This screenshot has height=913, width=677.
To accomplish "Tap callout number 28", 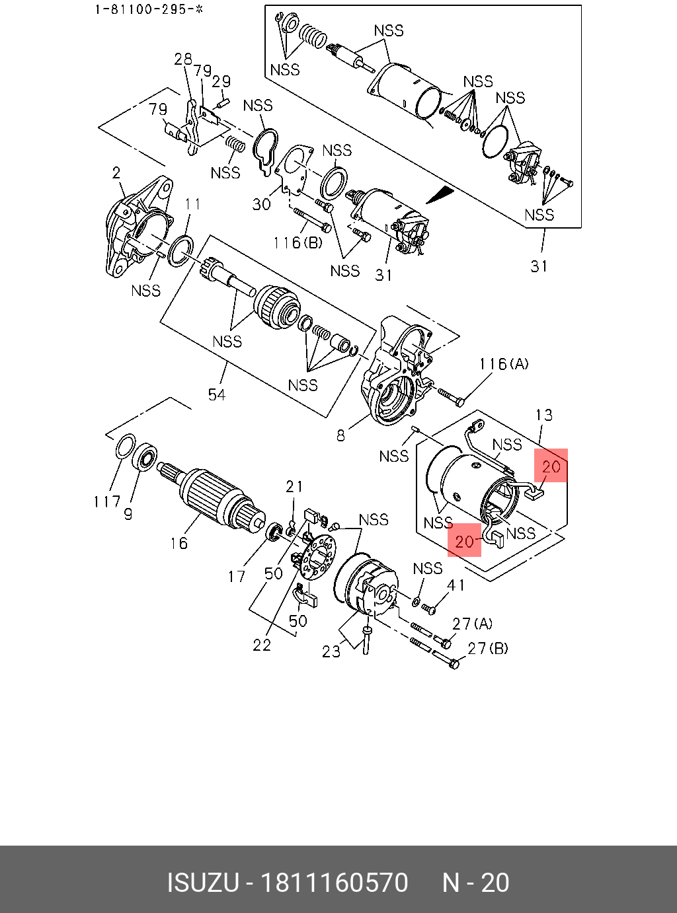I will tap(183, 59).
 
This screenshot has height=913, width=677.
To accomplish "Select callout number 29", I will tap(221, 81).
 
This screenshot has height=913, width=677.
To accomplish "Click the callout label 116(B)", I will tap(298, 242).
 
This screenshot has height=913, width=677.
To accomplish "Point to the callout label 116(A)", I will tap(504, 364).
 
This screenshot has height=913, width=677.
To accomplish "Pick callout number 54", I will tap(217, 394).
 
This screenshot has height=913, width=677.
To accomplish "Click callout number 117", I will tap(107, 502).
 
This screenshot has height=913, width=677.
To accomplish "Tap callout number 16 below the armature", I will tap(179, 543).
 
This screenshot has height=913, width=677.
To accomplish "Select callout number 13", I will tap(543, 415).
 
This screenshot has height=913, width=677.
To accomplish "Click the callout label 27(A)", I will tap(473, 624).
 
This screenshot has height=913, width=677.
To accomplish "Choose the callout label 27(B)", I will tap(488, 648).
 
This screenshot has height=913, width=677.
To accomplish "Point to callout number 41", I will tap(456, 585).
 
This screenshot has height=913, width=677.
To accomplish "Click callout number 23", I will tap(331, 651).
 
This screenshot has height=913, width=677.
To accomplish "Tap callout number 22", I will tap(262, 645).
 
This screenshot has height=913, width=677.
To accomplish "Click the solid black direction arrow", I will tap(441, 195).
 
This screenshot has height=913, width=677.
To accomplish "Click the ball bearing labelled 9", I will tap(145, 456).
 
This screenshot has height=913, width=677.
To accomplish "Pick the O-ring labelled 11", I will tap(180, 250).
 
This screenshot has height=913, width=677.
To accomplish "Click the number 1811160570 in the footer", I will tap(335, 883).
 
